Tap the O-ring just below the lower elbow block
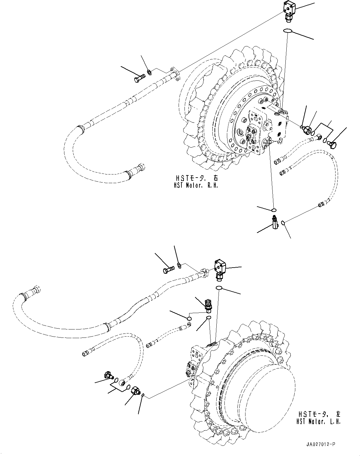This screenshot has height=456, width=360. [x=219, y=288]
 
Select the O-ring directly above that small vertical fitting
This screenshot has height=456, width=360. [x=273, y=210]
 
